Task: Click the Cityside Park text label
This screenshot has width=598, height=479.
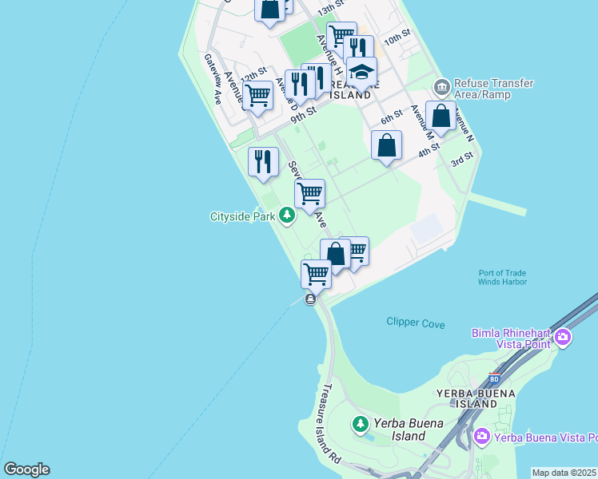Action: tap(242, 216)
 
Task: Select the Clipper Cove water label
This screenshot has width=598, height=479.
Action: tap(416, 323)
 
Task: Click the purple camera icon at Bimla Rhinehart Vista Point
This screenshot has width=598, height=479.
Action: tap(563, 338)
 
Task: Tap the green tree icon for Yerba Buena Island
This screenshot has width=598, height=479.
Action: tap(361, 422)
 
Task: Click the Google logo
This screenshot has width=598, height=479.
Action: tap(26, 469)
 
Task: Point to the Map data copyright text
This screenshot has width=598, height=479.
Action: tap(564, 473)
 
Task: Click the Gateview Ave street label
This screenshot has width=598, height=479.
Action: tap(213, 79)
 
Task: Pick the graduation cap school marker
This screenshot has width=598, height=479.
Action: tap(361, 72)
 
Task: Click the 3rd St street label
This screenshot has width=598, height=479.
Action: tap(462, 161)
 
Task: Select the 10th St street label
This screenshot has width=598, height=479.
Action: tap(397, 38)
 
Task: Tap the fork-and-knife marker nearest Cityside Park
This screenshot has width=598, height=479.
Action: tap(263, 162)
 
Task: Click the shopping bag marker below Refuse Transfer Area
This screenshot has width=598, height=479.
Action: tap(441, 116)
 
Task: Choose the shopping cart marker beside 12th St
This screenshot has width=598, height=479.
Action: tap(257, 95)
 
